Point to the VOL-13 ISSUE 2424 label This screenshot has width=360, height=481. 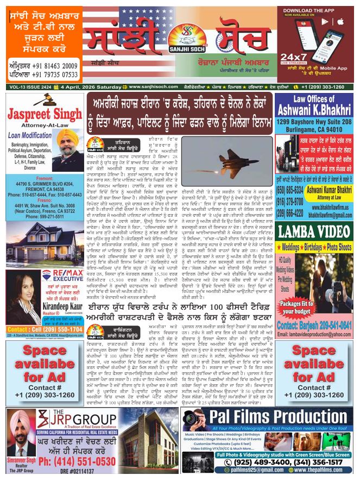click(x=31, y=86)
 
